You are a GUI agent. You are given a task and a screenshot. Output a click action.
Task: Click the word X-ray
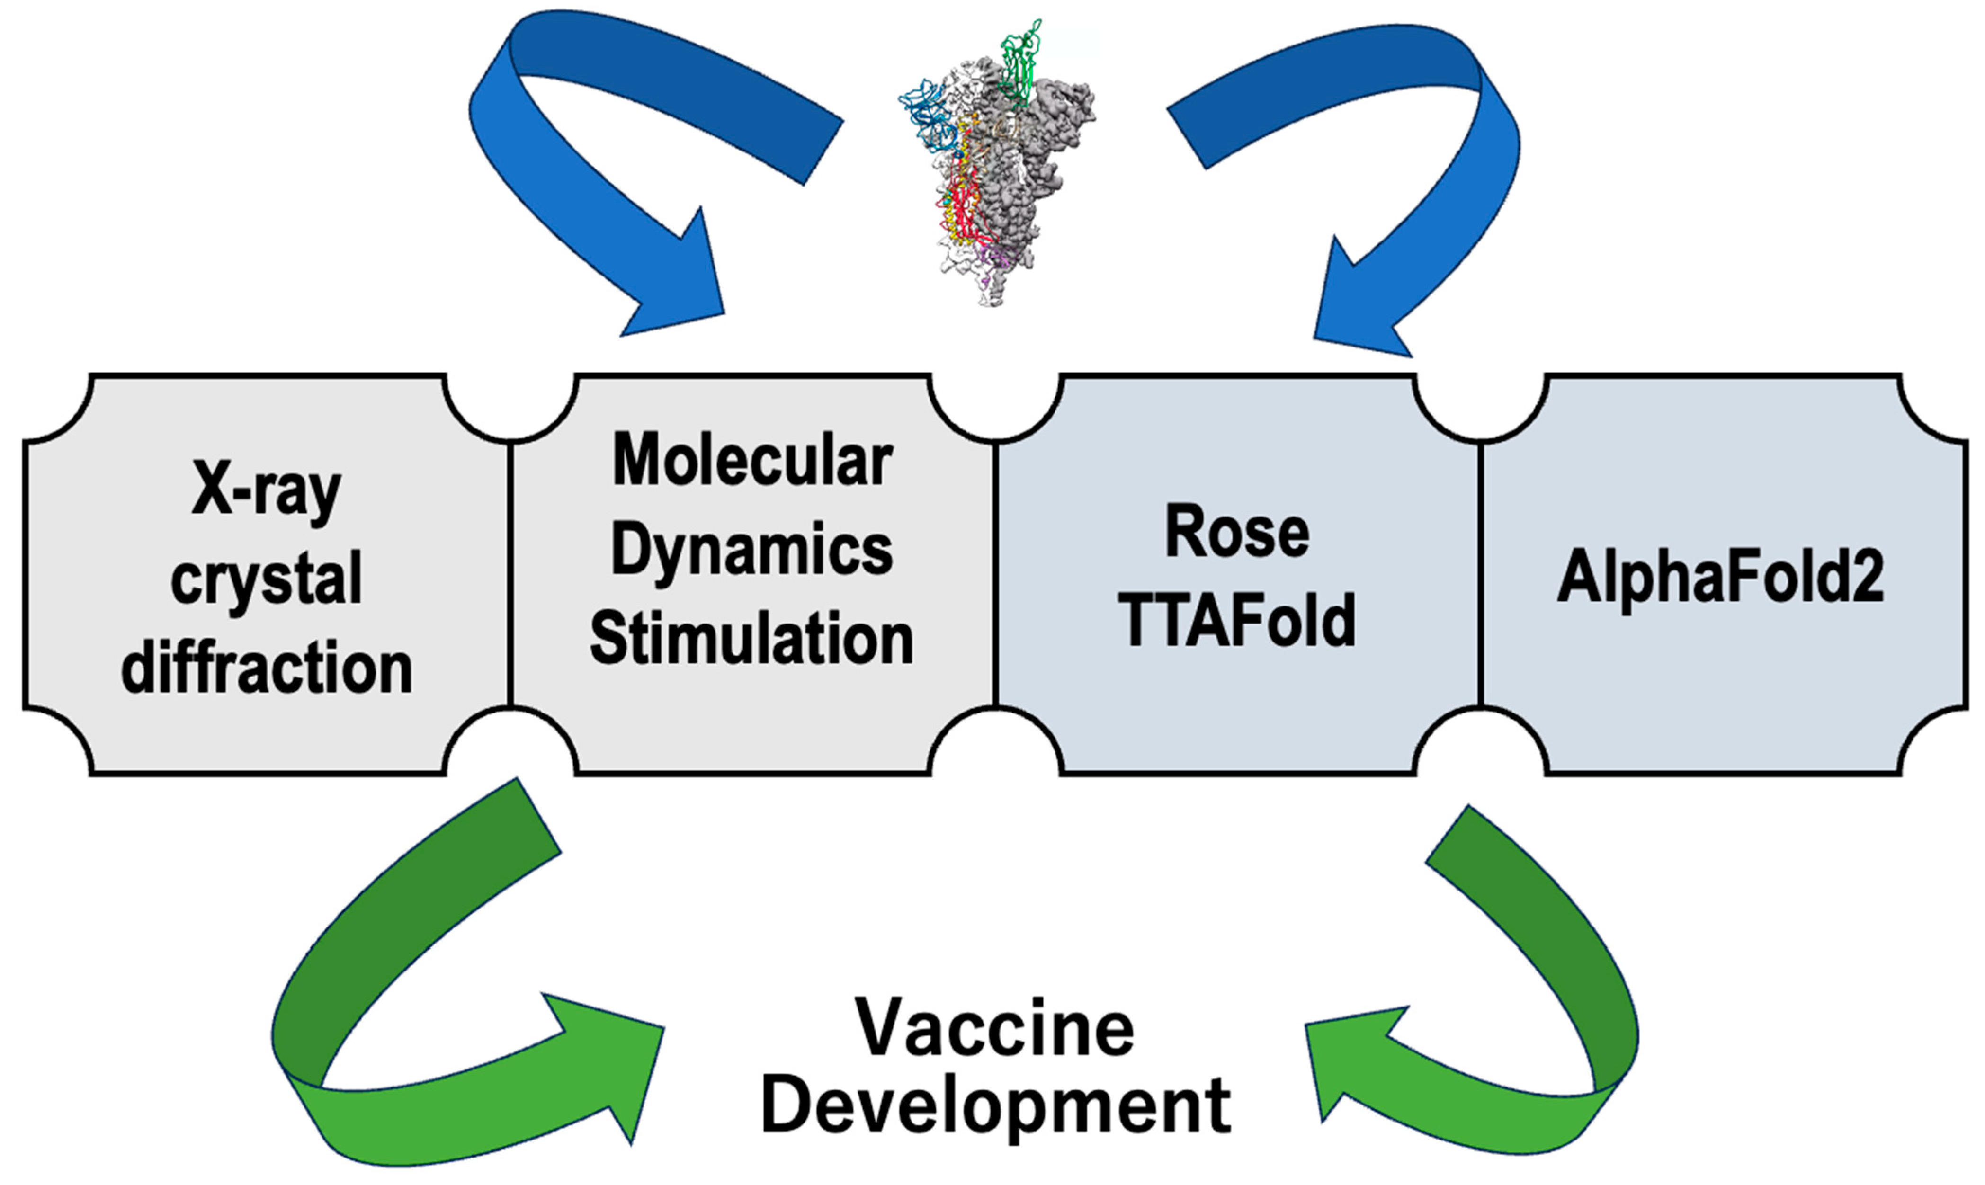tap(266, 490)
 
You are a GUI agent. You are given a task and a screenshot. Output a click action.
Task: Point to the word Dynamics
tap(751, 551)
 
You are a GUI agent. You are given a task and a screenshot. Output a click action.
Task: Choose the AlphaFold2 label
tap(1721, 577)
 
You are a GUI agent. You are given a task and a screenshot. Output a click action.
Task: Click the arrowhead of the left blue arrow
tap(679, 287)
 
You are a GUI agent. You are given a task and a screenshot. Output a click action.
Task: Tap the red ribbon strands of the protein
tap(962, 208)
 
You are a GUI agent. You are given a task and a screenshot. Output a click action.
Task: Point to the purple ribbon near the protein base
tap(998, 259)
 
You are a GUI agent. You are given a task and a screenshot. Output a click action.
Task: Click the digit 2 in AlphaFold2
tap(1867, 577)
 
